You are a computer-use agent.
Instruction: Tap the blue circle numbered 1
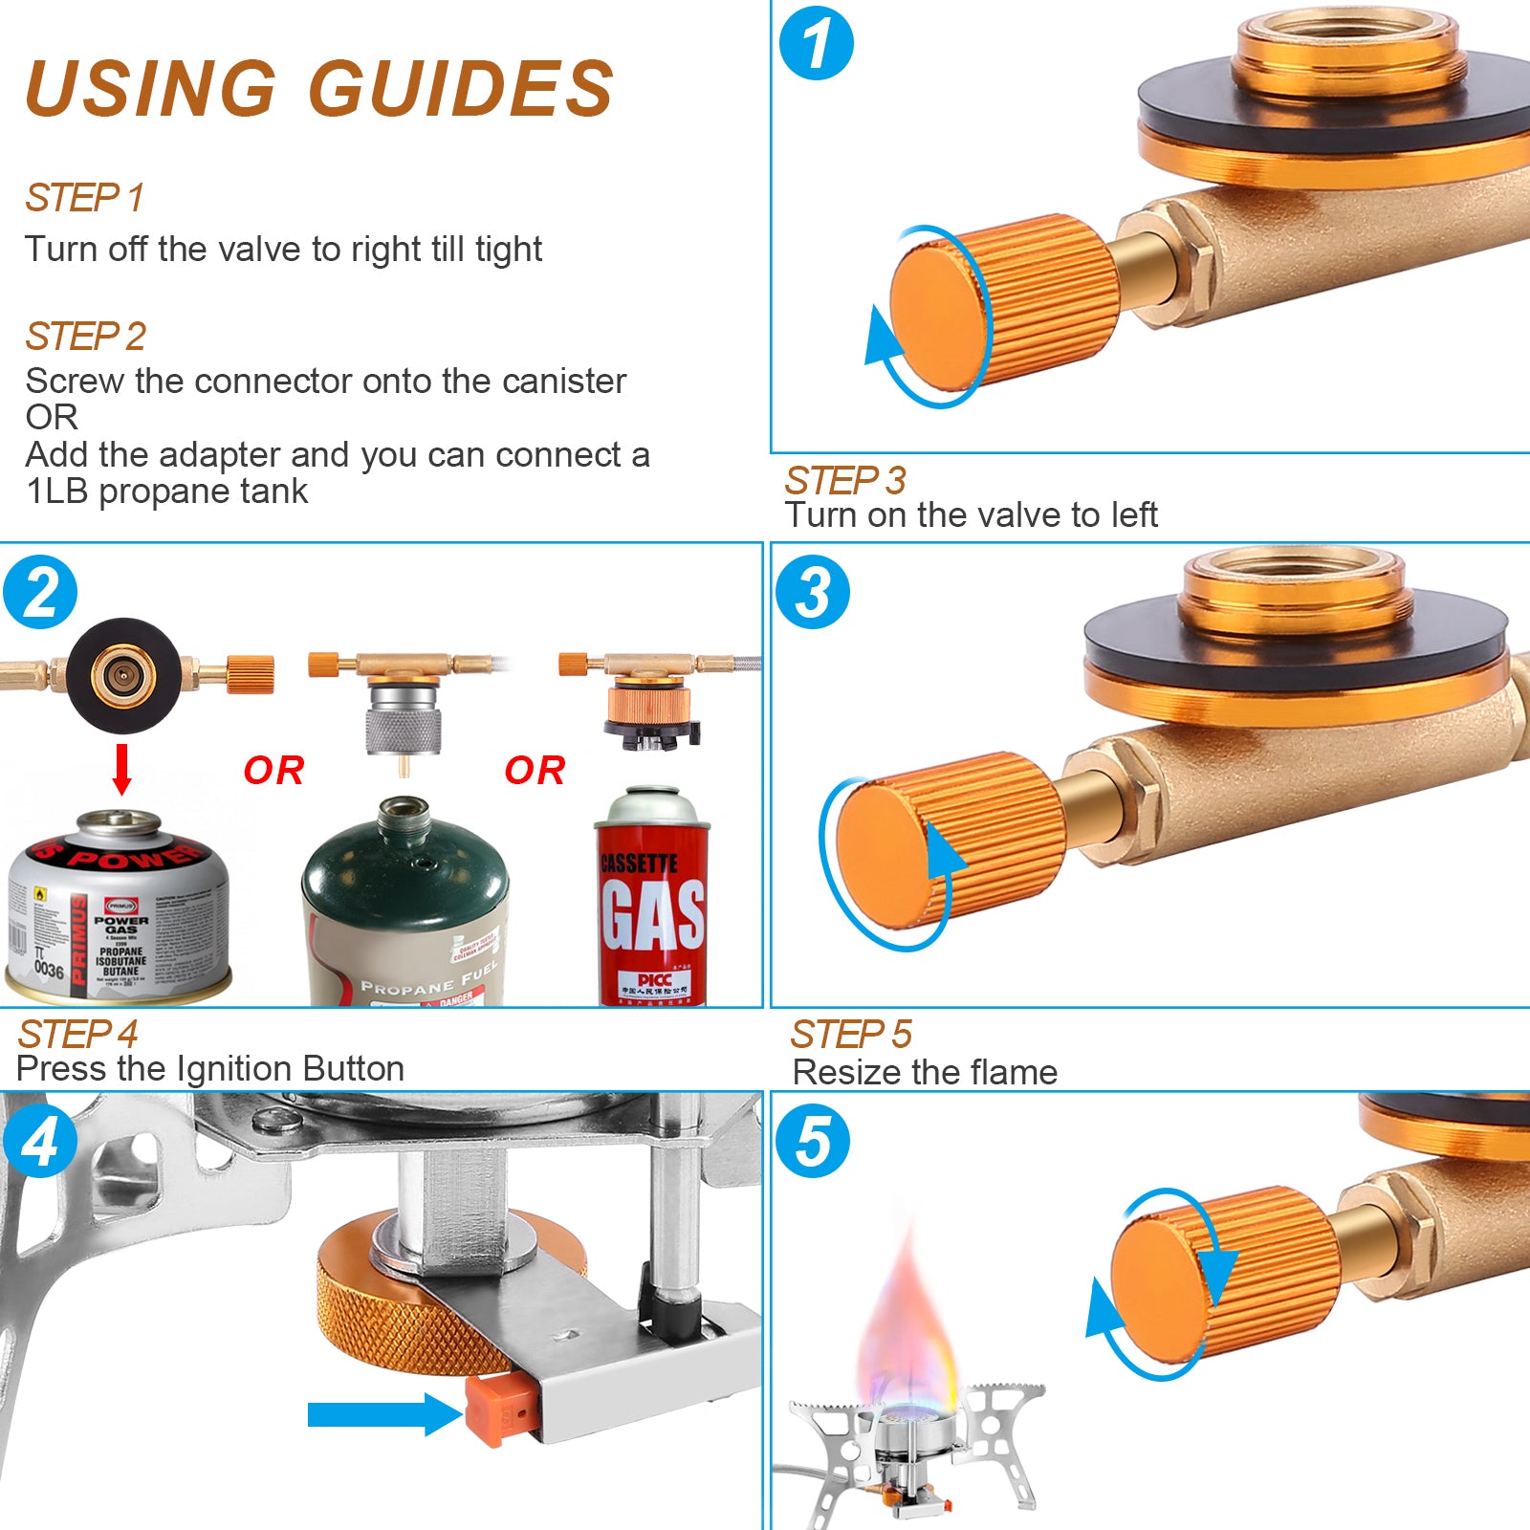coord(816,43)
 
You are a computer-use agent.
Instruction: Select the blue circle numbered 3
coord(812,592)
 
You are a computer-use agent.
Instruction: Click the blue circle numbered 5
coord(813,1141)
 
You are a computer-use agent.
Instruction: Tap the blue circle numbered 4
coord(39,1141)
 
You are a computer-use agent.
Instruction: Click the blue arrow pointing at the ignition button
coord(382,1413)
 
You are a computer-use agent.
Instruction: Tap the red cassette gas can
coord(653,899)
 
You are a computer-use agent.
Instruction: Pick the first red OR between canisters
coord(273,771)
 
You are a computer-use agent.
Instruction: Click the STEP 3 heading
coord(844,480)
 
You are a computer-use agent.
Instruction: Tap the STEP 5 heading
coord(850,1034)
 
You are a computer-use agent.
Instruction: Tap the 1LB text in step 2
coord(57,492)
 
